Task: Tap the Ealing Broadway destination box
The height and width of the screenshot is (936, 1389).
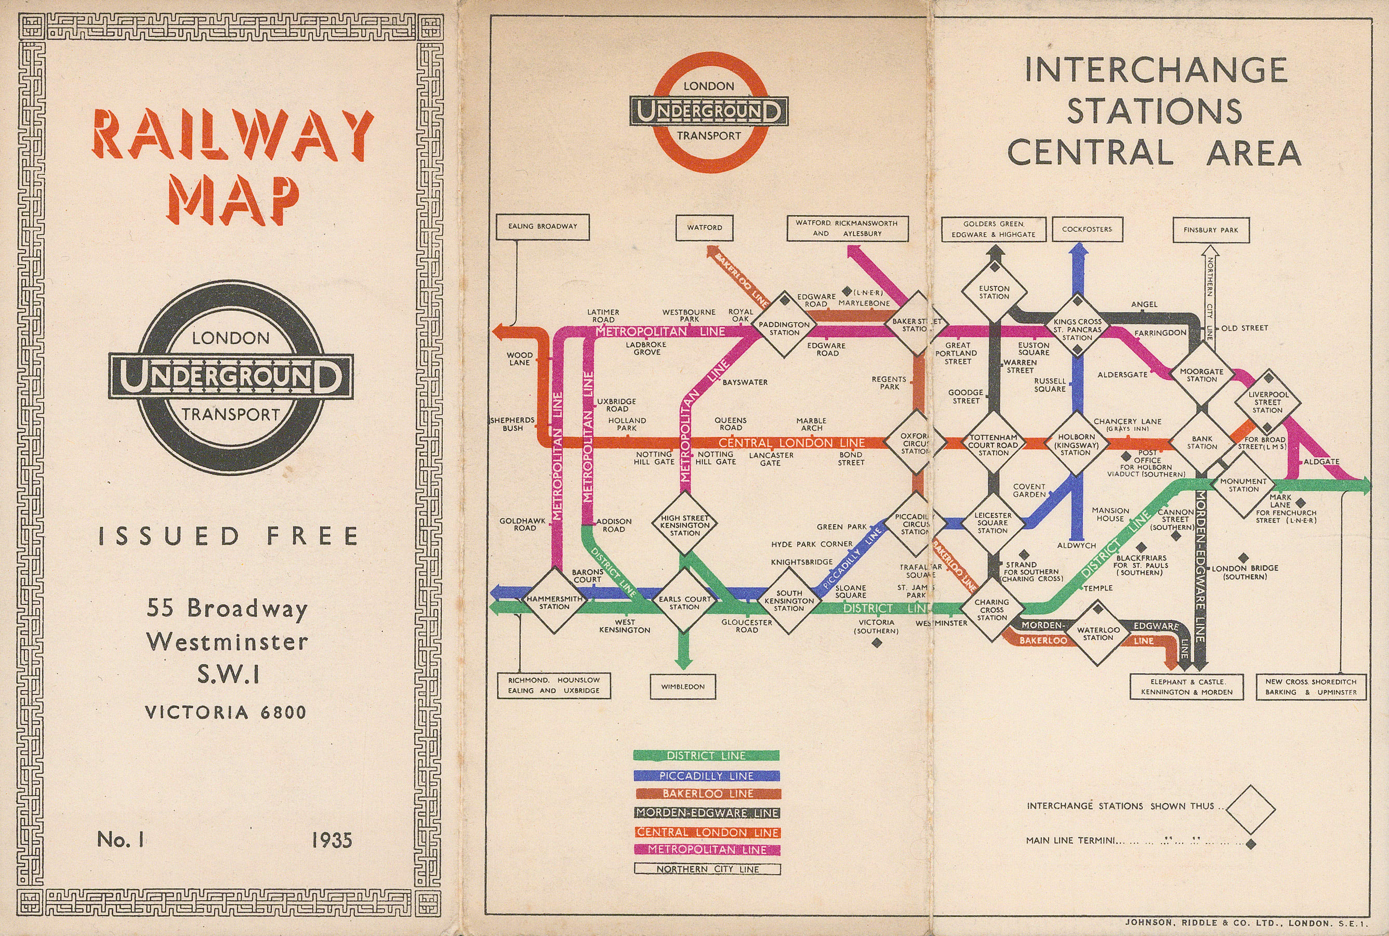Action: click(x=543, y=227)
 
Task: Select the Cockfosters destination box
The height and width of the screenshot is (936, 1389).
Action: click(x=1087, y=229)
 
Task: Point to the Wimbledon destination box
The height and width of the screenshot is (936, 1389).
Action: click(x=682, y=687)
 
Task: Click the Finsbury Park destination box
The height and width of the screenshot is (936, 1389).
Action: click(x=1211, y=230)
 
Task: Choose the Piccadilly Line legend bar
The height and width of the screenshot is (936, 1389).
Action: click(x=706, y=776)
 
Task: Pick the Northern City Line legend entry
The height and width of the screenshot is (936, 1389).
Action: click(x=707, y=869)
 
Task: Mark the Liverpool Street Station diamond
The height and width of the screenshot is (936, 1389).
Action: click(x=1267, y=402)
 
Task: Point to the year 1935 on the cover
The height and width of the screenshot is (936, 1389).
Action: click(x=332, y=840)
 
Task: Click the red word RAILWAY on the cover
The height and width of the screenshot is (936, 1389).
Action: click(x=233, y=135)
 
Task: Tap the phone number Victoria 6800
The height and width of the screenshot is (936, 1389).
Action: click(x=226, y=712)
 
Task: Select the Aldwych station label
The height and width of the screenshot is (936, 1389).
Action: click(x=1076, y=546)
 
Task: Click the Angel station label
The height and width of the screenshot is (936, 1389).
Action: click(x=1144, y=305)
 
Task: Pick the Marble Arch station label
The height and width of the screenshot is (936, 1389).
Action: click(x=811, y=424)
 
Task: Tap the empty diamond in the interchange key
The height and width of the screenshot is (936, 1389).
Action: click(x=1250, y=809)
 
